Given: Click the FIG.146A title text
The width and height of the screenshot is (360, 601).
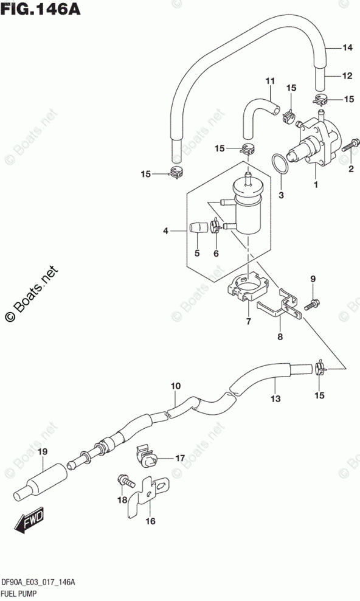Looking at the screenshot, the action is point(40,9).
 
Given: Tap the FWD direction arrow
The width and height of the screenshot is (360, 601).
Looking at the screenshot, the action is point(29,521).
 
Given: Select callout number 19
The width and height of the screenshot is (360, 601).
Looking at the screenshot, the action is point(43,451).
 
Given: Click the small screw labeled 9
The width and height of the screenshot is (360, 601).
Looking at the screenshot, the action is point(312,304).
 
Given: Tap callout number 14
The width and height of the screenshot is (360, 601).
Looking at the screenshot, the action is point(347,47).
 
